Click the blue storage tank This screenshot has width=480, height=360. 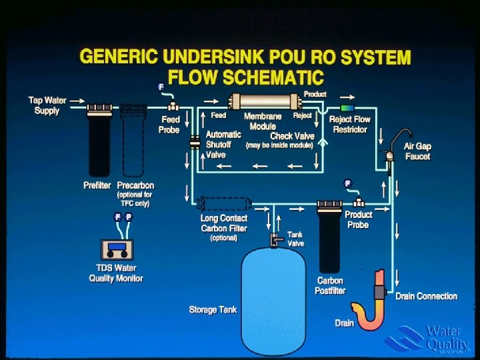[274, 293]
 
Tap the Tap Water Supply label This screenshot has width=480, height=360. [47, 105]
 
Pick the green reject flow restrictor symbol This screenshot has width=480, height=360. [347, 107]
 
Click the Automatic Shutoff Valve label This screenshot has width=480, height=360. [223, 144]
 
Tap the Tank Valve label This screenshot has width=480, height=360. [295, 239]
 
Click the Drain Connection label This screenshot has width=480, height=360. [426, 296]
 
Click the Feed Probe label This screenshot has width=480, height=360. [169, 125]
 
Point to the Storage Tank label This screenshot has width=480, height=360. [213, 310]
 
